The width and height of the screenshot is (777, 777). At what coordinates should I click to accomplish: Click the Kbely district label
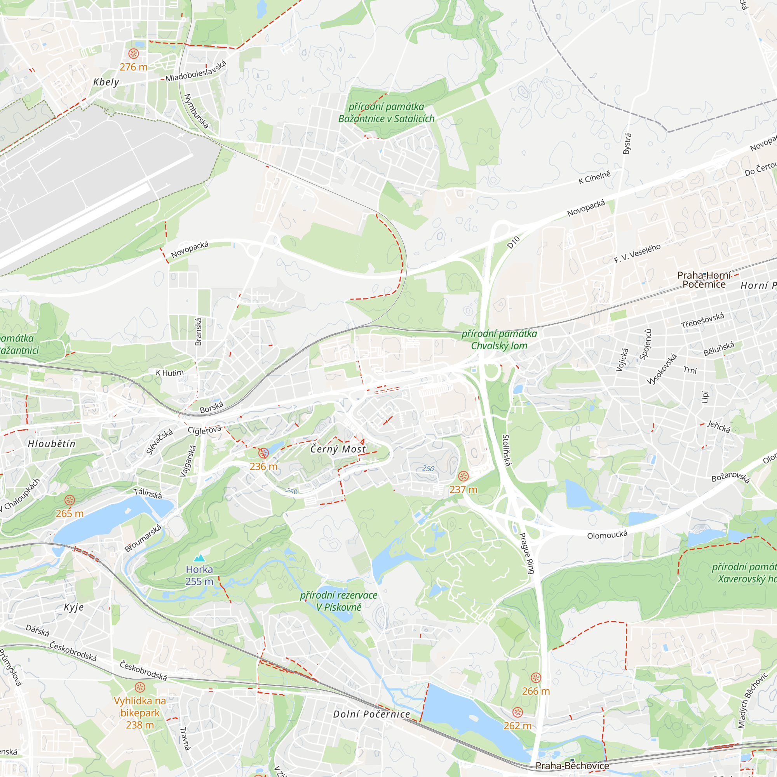[x=106, y=82]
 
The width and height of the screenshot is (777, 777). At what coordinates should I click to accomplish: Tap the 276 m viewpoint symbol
[x=134, y=54]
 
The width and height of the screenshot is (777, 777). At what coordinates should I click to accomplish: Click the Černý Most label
[x=338, y=449]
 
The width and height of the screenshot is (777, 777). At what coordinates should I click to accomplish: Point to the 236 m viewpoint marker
[x=263, y=453]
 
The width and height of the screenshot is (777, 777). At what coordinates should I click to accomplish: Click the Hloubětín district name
[x=52, y=444]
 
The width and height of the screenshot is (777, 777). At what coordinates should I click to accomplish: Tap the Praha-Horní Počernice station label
[x=704, y=280]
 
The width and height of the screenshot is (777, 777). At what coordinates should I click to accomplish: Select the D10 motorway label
[x=514, y=242]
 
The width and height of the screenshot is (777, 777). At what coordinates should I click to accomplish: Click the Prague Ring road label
[x=527, y=553]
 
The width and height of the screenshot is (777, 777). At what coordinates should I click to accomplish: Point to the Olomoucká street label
[x=607, y=535]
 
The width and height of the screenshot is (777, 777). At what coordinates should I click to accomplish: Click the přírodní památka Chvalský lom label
[x=499, y=340]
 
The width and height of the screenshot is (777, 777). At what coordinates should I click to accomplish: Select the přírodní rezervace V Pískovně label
[x=339, y=601]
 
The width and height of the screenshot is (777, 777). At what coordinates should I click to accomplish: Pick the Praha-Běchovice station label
[x=572, y=765]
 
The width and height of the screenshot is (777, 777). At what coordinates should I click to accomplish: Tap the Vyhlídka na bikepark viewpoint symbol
[x=140, y=687]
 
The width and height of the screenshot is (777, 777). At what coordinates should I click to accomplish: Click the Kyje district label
[x=74, y=607]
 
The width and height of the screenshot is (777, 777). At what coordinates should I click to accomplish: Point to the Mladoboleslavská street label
[x=196, y=71]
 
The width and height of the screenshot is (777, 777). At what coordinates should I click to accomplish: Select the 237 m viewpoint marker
[x=463, y=476]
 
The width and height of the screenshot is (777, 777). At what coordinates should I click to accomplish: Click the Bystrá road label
[x=627, y=144]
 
